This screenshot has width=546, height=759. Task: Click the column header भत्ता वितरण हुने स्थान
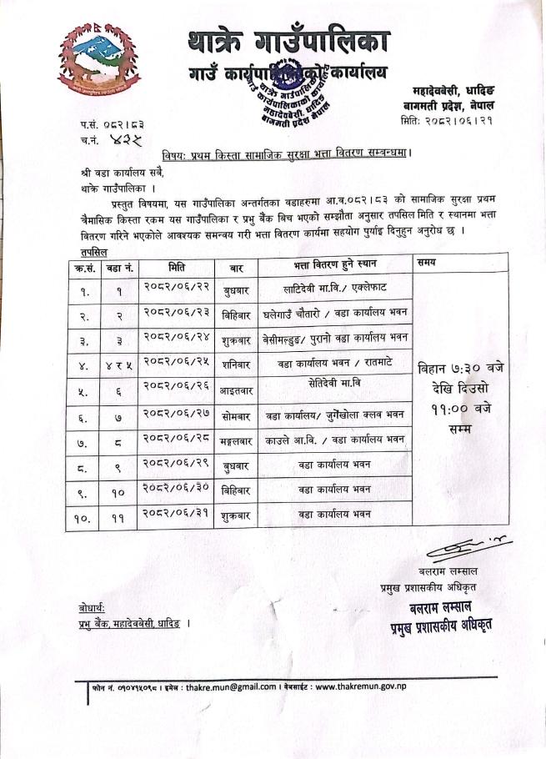coord(335,264)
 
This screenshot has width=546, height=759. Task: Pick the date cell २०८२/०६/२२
coord(177,290)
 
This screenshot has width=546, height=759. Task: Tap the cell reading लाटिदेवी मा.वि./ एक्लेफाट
coord(335,289)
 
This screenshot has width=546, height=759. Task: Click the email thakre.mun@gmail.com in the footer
coord(230,687)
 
